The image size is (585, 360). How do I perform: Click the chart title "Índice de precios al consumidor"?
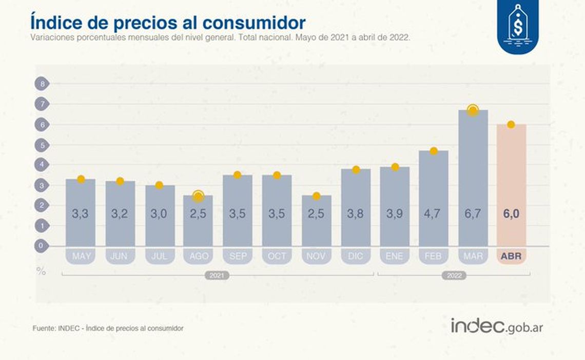168,23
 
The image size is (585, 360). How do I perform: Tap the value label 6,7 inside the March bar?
473,214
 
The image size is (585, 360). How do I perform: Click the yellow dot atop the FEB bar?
434,151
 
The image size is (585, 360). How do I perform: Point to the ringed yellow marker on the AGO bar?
198,196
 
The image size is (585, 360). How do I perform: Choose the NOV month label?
317,256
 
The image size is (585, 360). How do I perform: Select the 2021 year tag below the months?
217,275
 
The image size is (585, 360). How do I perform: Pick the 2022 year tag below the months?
453,275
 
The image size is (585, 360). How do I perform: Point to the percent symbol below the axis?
41,271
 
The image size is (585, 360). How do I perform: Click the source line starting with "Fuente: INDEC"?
107,328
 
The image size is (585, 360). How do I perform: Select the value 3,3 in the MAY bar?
80,214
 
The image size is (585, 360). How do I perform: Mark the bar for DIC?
356,205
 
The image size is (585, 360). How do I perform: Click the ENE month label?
395,256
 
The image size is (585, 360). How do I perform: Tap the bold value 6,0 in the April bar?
511,214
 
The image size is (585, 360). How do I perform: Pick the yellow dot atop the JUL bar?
159,185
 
